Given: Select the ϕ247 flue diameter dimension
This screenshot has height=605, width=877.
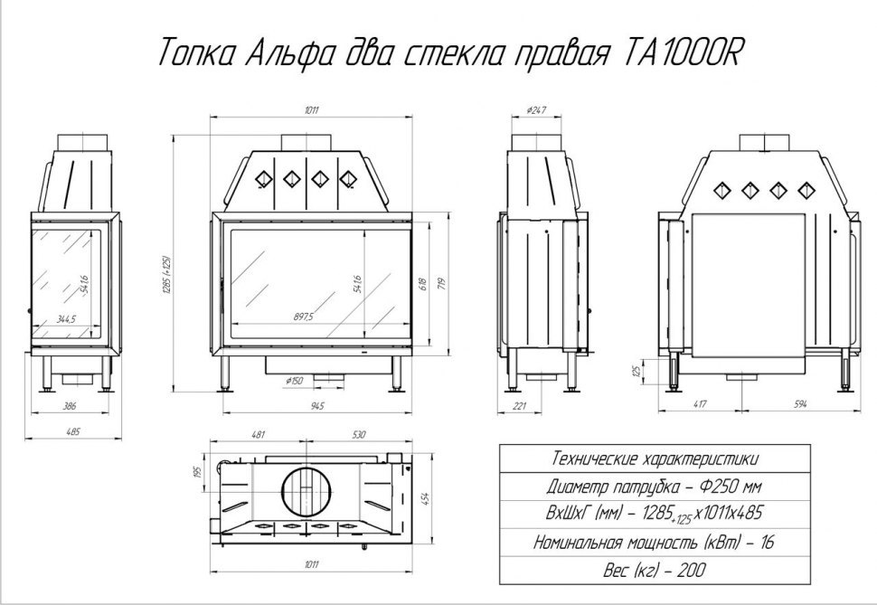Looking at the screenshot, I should coord(536,109).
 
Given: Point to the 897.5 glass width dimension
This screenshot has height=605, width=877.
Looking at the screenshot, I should coord(303,317).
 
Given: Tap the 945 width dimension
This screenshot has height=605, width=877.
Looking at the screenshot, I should coord(315,403).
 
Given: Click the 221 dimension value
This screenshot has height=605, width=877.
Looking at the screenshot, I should coord(520,406).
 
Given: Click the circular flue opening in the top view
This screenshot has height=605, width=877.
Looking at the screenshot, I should coord(308,493).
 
